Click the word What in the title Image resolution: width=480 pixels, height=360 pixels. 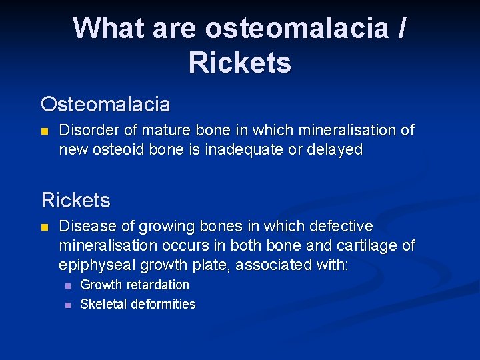(109, 29)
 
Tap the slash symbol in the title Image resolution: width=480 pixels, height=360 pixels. (400, 29)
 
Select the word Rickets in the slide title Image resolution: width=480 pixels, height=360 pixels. (239, 63)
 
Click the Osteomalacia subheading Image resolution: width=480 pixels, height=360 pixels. (105, 105)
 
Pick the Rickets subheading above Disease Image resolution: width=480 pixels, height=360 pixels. (75, 200)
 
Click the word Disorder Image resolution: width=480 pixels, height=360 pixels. (85, 131)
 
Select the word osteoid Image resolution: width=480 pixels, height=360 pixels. (122, 150)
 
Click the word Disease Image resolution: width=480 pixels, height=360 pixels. (85, 227)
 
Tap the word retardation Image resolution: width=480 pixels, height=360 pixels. (156, 285)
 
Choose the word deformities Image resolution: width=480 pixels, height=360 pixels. (163, 305)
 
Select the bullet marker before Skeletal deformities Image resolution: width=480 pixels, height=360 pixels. (67, 305)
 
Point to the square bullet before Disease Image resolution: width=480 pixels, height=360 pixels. (45, 228)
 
